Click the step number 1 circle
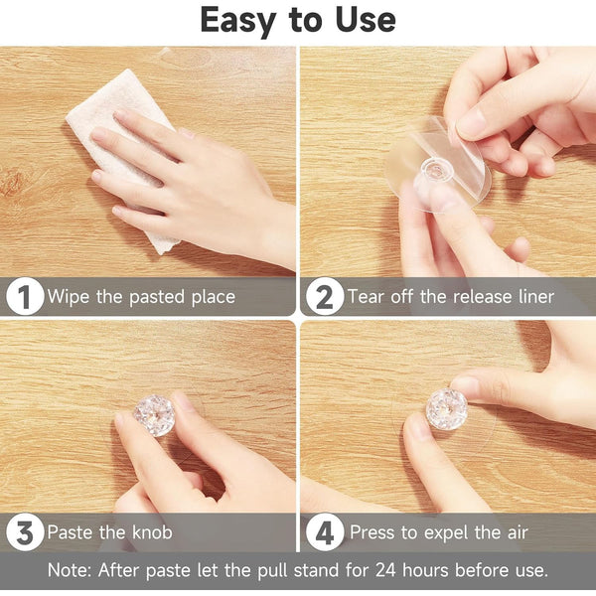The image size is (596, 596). [25, 296]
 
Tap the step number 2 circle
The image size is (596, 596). [325, 296]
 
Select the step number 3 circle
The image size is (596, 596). [25, 531]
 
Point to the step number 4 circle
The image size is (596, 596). [325, 531]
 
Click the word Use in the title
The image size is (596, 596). [366, 20]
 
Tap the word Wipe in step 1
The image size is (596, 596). [68, 297]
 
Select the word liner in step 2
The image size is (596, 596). [536, 296]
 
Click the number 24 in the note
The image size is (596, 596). [385, 570]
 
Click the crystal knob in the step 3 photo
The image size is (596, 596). [154, 415]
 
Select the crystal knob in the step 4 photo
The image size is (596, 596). [446, 409]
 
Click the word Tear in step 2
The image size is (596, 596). [367, 296]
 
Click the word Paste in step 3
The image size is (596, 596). [70, 531]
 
